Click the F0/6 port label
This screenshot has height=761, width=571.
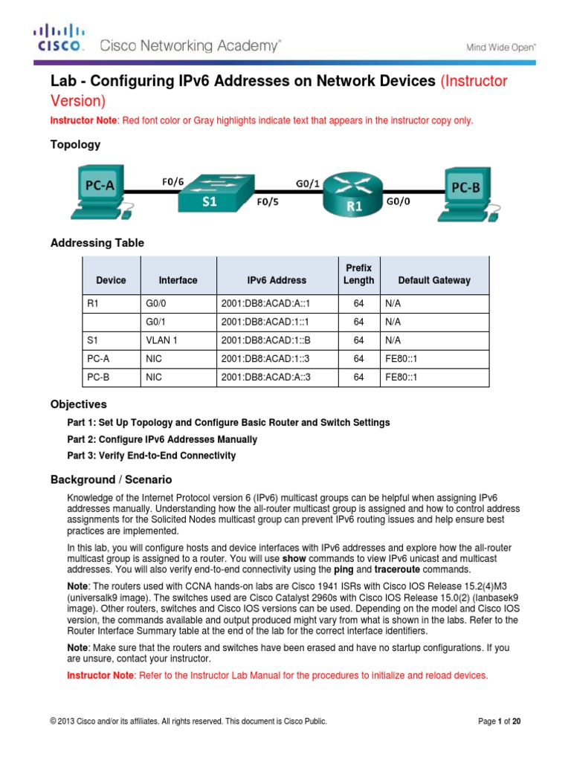point(174,181)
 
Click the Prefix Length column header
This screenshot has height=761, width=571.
point(358,273)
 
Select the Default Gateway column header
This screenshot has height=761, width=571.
point(434,280)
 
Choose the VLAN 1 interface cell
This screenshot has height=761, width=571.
point(158,340)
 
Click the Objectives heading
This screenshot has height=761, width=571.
point(78,404)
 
